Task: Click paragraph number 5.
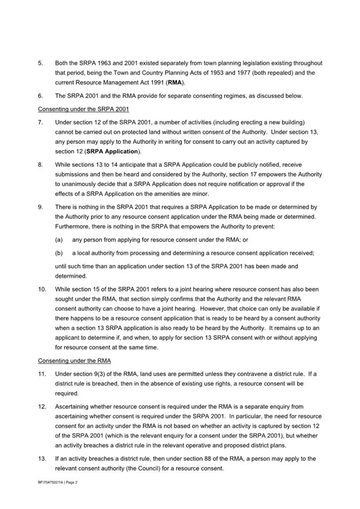pyautogui.click(x=41, y=63)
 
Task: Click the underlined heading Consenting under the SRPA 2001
pyautogui.click(x=84, y=109)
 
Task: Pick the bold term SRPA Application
pyautogui.click(x=110, y=152)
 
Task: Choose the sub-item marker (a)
pyautogui.click(x=60, y=240)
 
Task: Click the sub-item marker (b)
pyautogui.click(x=60, y=253)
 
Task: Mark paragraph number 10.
pyautogui.click(x=42, y=289)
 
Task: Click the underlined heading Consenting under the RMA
pyautogui.click(x=75, y=361)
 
